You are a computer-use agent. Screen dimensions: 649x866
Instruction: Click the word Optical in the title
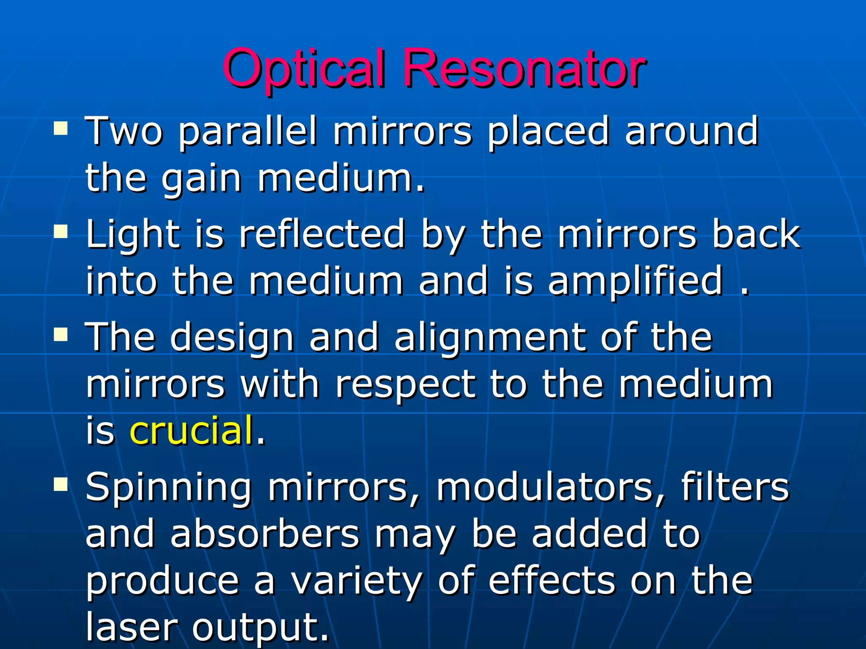point(304,69)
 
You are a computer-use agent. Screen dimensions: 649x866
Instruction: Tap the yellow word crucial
point(192,431)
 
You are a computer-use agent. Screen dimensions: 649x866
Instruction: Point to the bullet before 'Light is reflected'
point(61,232)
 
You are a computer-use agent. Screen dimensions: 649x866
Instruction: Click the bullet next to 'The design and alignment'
point(61,335)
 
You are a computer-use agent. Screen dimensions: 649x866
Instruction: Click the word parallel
point(247,132)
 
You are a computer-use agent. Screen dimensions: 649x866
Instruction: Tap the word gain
point(201,180)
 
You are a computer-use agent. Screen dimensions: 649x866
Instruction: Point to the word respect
point(405,386)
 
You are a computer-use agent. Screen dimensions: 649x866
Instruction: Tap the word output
point(260,627)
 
